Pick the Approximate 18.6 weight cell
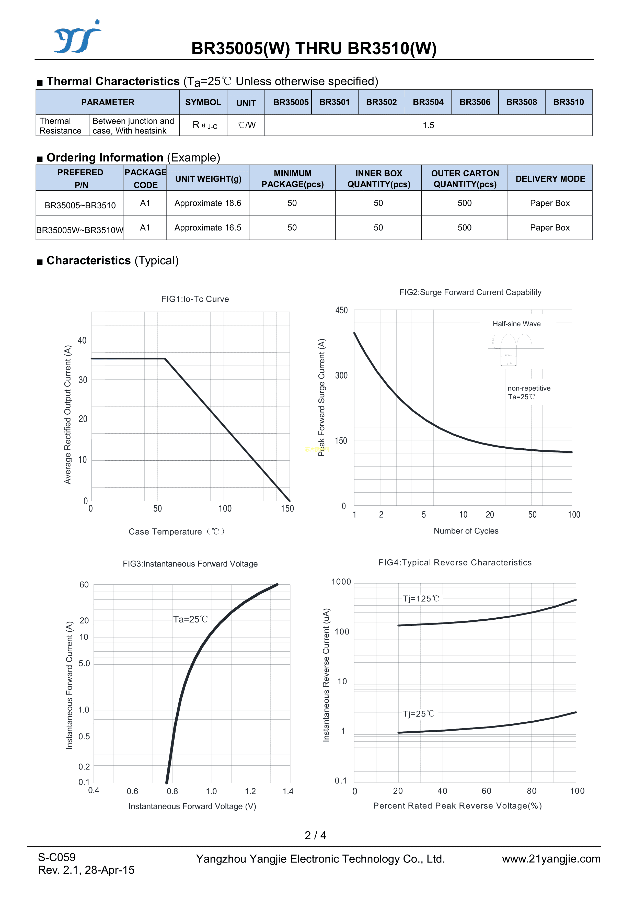coord(208,203)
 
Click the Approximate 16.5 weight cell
coord(208,228)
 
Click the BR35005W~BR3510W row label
coord(80,230)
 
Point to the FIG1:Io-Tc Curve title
coord(195,299)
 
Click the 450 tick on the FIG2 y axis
coord(341,310)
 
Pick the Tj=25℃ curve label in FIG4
coord(418,714)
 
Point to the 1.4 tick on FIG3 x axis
coord(288,791)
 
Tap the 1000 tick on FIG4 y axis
coord(341,582)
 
